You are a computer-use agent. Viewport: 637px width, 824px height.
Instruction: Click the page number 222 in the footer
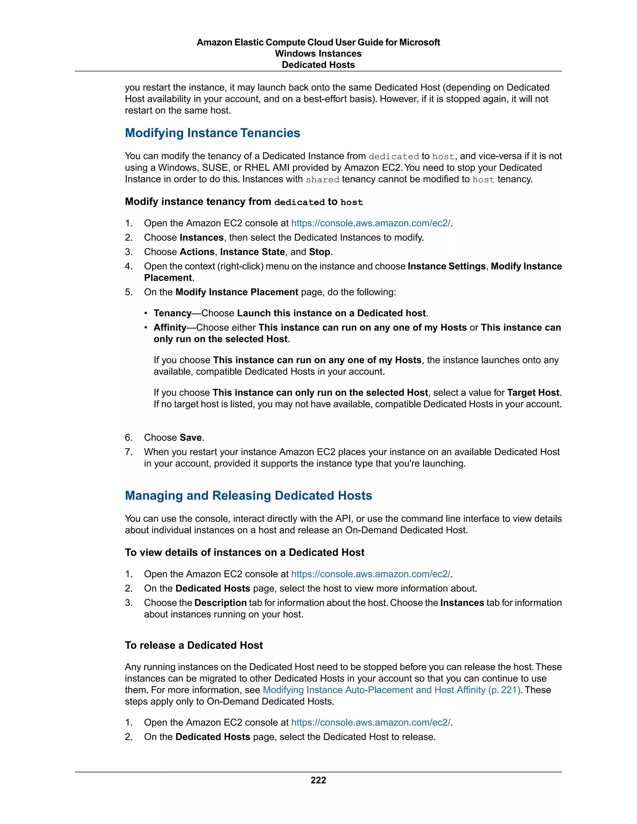point(318,780)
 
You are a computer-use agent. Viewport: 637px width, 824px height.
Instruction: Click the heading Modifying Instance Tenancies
point(212,133)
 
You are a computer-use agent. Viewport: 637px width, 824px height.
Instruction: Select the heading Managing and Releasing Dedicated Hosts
point(248,495)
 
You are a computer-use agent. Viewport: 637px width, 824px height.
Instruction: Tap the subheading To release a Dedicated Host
point(193,645)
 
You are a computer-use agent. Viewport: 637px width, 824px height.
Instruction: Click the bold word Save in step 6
point(191,438)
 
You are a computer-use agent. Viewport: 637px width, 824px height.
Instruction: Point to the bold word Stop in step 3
point(319,252)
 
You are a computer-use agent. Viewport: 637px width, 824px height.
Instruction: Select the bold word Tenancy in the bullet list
point(172,313)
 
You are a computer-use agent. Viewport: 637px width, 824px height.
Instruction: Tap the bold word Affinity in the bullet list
point(170,327)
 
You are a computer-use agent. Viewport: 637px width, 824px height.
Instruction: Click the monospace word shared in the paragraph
point(322,180)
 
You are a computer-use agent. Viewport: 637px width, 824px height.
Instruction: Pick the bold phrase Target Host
point(533,393)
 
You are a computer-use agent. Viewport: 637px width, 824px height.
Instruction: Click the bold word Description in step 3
point(221,603)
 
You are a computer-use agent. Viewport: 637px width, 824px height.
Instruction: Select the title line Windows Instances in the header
point(318,53)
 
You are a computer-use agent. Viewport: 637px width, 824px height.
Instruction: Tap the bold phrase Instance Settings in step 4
point(446,266)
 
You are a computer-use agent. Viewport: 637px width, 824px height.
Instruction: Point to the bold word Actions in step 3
point(197,252)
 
